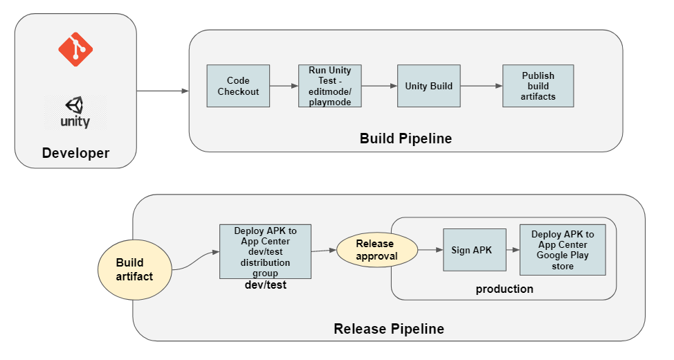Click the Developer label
[x=75, y=153]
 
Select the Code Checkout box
[x=238, y=86]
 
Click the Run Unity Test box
[x=330, y=86]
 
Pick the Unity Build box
[x=428, y=86]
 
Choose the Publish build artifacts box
[x=538, y=86]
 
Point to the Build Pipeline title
[x=406, y=138]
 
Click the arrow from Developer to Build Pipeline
[x=163, y=91]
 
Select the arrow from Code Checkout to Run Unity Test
[x=284, y=86]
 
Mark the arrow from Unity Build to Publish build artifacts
[x=481, y=86]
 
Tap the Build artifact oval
[x=134, y=270]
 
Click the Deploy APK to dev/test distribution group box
[x=265, y=251]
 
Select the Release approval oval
[x=376, y=250]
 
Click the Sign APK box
[x=471, y=250]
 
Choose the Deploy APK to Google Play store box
[x=562, y=249]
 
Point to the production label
[x=504, y=289]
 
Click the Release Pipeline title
[x=389, y=329]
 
